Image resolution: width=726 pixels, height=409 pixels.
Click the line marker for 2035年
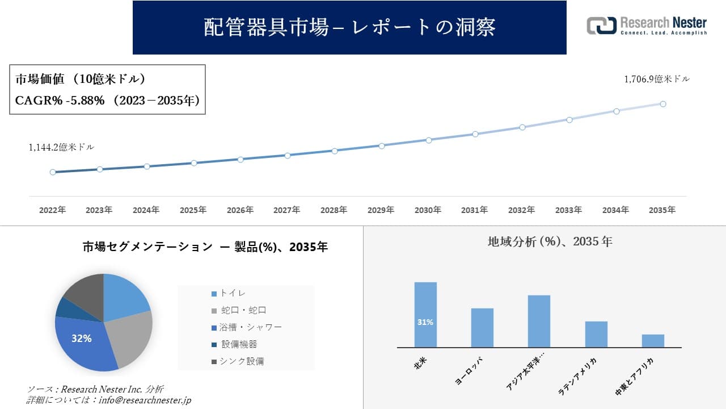click(663, 104)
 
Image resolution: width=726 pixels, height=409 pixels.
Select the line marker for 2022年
click(53, 172)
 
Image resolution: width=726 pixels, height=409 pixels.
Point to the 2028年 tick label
click(334, 210)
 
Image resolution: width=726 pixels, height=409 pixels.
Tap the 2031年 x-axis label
click(475, 210)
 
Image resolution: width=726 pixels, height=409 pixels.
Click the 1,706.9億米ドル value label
click(657, 80)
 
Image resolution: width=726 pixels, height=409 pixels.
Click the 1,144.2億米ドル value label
click(61, 147)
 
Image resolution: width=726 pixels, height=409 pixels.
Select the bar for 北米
click(425, 315)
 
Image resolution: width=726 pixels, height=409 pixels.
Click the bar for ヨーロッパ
click(482, 328)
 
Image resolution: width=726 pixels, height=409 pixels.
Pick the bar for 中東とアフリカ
click(653, 341)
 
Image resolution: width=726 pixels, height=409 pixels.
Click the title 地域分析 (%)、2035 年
click(550, 241)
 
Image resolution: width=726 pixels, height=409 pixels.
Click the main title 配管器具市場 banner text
click(349, 27)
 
